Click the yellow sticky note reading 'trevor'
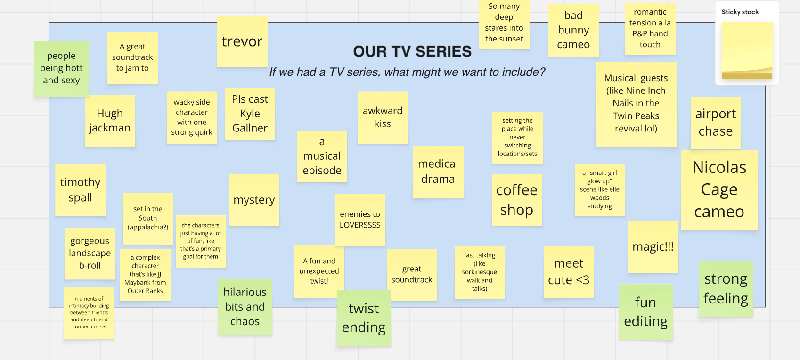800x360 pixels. [242, 41]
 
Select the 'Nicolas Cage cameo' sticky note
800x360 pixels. [719, 190]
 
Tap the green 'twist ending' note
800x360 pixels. [364, 318]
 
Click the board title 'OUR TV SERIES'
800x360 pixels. [412, 51]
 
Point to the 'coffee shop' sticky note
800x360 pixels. [517, 200]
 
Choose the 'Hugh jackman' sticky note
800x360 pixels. [110, 121]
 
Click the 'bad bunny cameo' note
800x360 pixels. [573, 30]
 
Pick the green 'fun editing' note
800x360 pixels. [645, 312]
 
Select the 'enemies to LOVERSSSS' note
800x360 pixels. [360, 220]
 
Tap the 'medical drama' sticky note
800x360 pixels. [438, 172]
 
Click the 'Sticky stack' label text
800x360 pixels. [740, 12]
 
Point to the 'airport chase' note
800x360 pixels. [715, 123]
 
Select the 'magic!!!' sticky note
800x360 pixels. [653, 247]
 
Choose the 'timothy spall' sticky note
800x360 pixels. [80, 190]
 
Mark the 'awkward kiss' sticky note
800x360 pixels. [383, 117]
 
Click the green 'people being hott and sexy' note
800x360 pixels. [61, 68]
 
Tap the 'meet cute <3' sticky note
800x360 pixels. [569, 271]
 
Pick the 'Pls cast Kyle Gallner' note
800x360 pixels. [250, 114]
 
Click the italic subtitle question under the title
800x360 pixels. [407, 72]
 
